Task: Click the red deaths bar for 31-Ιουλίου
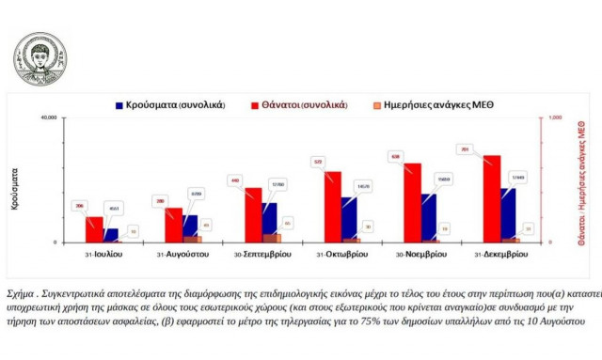coord(94,229)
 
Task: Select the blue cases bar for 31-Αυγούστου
coord(190,228)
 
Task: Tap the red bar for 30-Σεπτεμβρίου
coord(253,215)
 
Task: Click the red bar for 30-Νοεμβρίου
coord(412,203)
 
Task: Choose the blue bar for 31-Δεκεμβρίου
coord(508,215)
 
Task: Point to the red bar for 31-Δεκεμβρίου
coord(492,199)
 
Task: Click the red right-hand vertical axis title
coord(585,180)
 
